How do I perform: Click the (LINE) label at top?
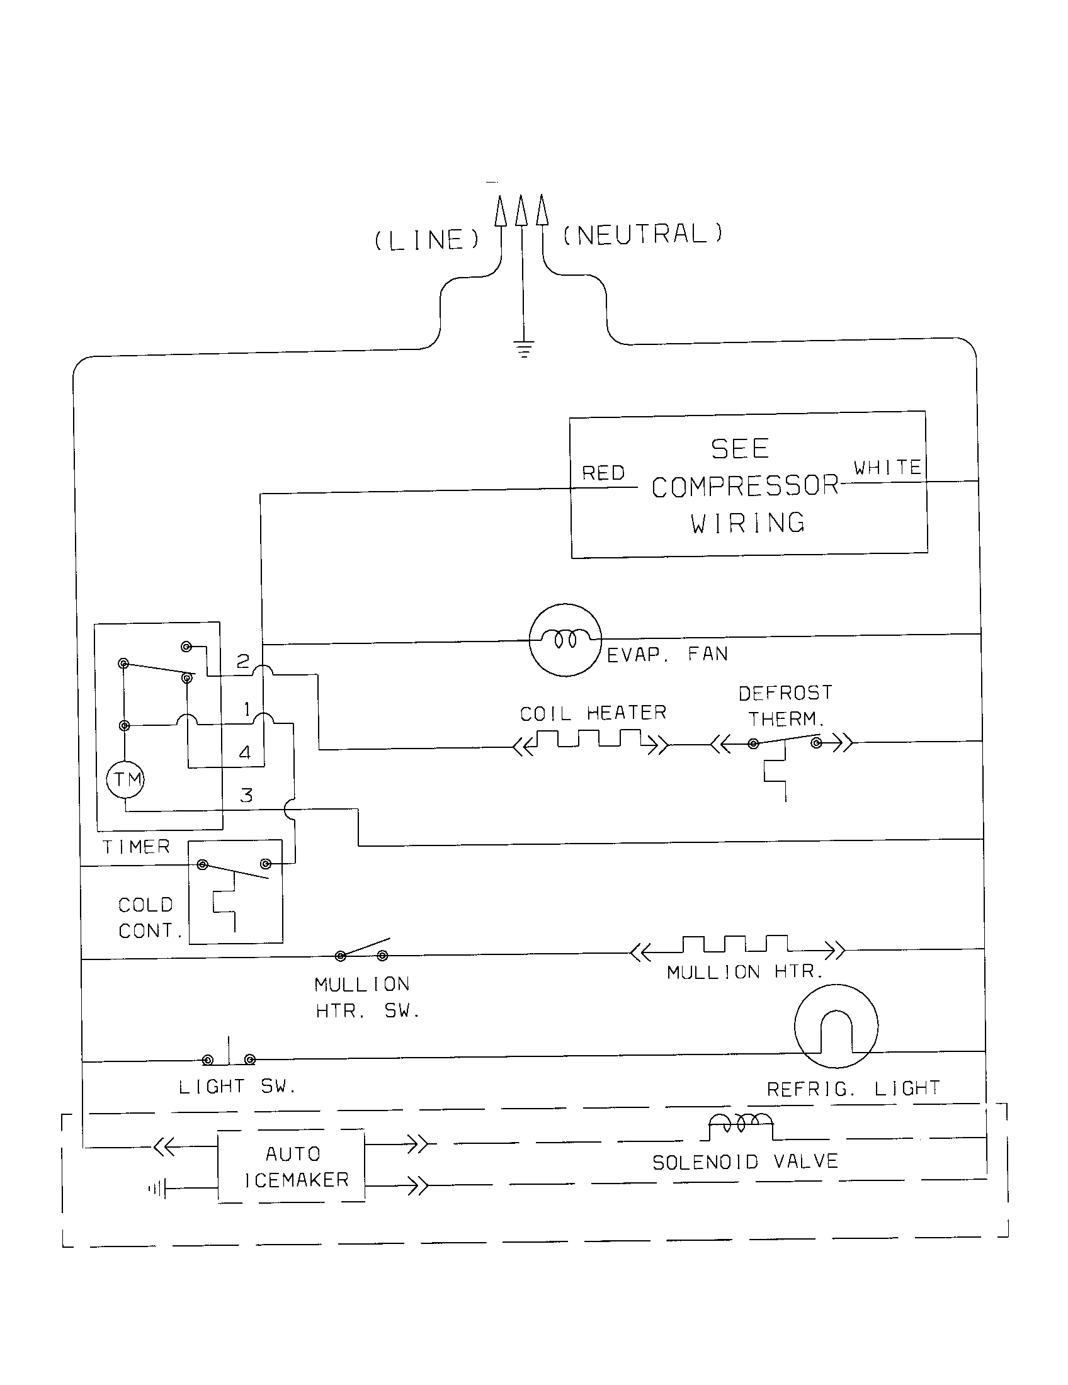(x=427, y=240)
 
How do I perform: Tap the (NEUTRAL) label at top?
(x=642, y=234)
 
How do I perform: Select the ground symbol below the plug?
(x=523, y=348)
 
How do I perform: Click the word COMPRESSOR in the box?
(x=745, y=487)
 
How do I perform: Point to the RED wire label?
(x=603, y=473)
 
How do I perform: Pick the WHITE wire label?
(x=887, y=468)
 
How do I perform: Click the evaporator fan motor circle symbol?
(x=565, y=639)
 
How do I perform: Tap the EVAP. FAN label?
(x=667, y=655)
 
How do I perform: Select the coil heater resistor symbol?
(x=591, y=741)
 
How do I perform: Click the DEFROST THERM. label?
(x=786, y=706)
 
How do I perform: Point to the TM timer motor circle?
(x=125, y=779)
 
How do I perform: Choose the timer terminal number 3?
(x=246, y=795)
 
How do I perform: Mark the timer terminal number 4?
(x=245, y=753)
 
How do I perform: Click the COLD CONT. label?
(x=150, y=918)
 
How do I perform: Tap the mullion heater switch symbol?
(x=362, y=949)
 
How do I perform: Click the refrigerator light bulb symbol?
(x=836, y=1027)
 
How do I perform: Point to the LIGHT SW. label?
(x=237, y=1087)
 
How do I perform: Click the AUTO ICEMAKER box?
(x=292, y=1166)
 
